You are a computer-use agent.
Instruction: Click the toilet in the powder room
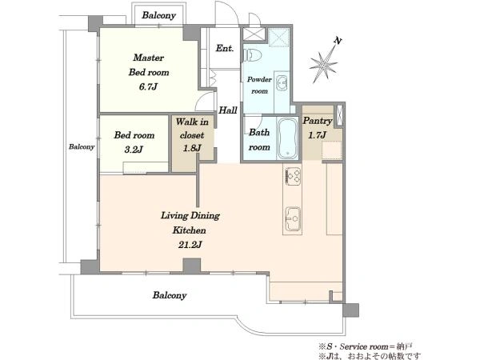tap(253, 54)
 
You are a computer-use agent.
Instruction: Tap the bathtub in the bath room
tap(287, 138)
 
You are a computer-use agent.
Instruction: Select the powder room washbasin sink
tap(282, 83)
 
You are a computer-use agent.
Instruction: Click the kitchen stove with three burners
tap(294, 176)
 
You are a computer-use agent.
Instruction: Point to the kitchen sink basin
tap(294, 219)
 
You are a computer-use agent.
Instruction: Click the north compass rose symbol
tap(323, 62)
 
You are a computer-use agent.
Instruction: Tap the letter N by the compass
tap(338, 41)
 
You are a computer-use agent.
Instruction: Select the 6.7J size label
tap(148, 87)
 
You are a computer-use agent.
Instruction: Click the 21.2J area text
tap(190, 245)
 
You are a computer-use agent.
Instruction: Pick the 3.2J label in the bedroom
tap(134, 150)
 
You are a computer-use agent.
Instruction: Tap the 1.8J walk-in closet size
tap(192, 148)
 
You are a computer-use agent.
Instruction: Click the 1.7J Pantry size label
tap(317, 134)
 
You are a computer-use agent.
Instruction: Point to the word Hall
tap(228, 110)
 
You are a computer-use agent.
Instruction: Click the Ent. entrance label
tap(225, 48)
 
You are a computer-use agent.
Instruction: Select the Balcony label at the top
tap(158, 15)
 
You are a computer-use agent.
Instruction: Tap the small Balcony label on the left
tap(82, 146)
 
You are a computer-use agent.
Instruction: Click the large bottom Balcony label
tap(170, 295)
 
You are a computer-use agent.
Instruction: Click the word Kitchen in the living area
tap(189, 230)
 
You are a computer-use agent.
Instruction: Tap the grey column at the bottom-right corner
tap(351, 310)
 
